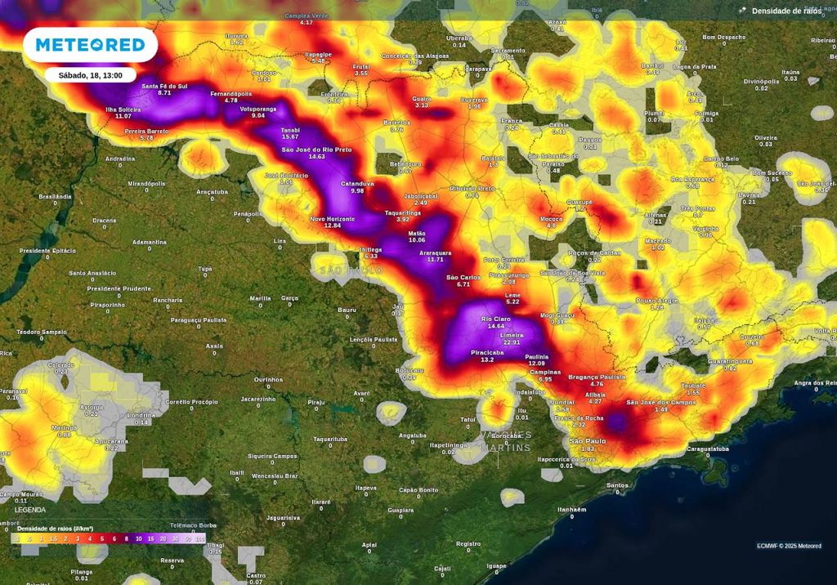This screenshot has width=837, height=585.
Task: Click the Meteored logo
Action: (x=90, y=45)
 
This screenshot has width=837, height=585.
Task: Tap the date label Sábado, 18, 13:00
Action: (x=90, y=74)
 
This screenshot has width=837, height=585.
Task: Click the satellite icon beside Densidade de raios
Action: (x=741, y=11)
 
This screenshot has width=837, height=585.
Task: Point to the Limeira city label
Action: (x=512, y=335)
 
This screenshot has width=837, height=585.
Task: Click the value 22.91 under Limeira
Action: (x=512, y=342)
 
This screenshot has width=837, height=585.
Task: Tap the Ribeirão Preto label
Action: (x=472, y=189)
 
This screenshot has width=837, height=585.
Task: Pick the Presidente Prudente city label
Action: (x=119, y=288)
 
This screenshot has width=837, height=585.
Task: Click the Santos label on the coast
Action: (x=617, y=485)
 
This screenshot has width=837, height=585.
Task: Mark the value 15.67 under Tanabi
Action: (x=290, y=136)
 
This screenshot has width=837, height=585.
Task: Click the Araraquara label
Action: (x=435, y=252)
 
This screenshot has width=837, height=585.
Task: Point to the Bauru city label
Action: (x=347, y=310)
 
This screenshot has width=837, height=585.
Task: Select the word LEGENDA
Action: (x=30, y=509)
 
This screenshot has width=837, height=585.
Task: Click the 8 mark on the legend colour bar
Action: (x=128, y=539)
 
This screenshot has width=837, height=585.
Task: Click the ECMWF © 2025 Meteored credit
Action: (x=789, y=546)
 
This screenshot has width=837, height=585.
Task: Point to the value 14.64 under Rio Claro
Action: (x=495, y=326)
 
